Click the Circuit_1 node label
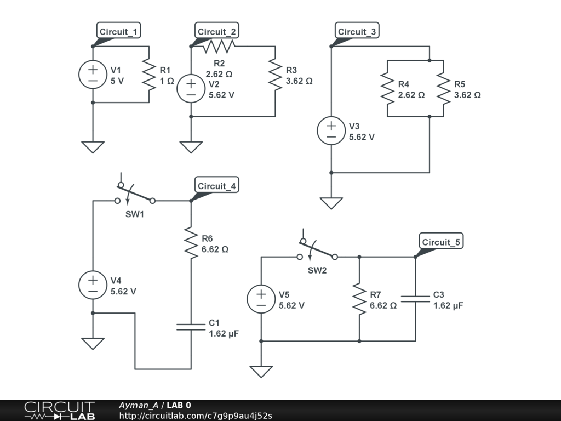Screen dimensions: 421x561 118,31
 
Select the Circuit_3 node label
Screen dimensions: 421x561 357,31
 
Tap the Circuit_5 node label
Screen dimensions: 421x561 440,242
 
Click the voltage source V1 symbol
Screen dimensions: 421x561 93,75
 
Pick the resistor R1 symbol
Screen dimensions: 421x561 149,75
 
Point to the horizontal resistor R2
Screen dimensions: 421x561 219,47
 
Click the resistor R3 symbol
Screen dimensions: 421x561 275,75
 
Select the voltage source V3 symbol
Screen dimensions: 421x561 331,131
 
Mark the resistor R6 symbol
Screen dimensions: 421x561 191,243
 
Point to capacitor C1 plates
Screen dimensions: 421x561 191,327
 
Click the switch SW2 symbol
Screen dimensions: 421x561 317,253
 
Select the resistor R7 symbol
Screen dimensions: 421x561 359,299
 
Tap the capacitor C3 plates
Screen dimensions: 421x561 415,299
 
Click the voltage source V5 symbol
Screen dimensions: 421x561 261,299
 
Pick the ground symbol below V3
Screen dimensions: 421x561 331,202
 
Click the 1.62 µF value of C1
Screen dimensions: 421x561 224,333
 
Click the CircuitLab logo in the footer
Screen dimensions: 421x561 59,411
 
